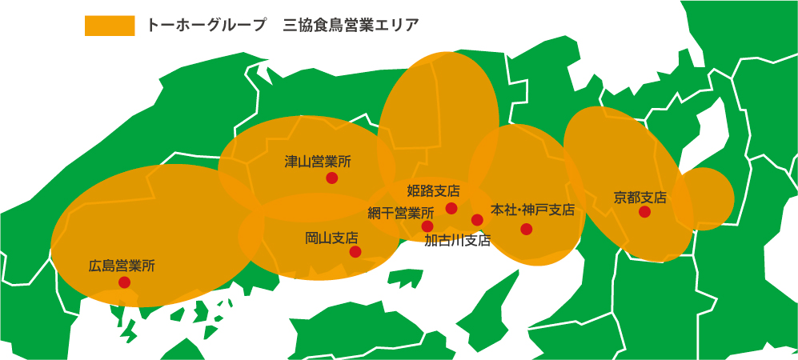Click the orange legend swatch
110,25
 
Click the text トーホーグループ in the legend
206,25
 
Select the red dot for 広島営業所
125,282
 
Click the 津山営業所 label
318,162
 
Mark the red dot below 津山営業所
331,178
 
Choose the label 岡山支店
331,238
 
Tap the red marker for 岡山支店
355,252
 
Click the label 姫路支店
433,191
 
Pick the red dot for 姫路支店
451,208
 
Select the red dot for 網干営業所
427,226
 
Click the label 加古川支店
457,240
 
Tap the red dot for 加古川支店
477,220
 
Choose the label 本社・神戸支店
532,210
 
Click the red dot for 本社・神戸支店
526,229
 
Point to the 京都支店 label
640,196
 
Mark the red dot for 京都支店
644,212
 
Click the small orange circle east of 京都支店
704,198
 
